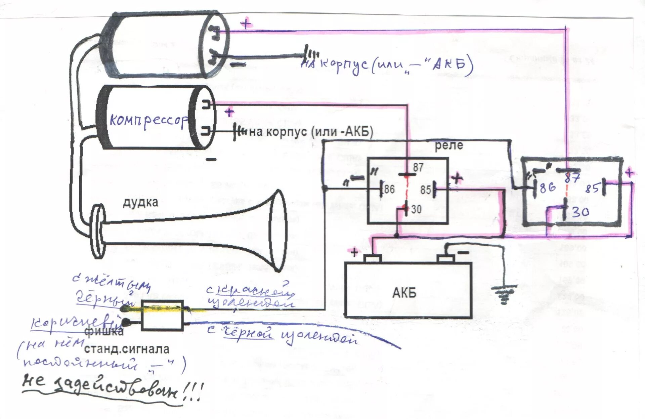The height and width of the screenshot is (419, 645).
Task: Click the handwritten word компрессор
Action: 148,120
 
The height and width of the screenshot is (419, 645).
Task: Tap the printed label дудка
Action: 140,202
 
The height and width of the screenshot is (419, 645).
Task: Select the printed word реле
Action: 449,145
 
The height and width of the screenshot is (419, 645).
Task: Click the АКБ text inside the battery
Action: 404,293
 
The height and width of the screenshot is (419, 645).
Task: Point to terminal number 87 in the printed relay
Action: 418,167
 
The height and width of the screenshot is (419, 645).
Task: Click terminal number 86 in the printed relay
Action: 389,189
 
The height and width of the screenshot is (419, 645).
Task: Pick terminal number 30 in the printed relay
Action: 416,209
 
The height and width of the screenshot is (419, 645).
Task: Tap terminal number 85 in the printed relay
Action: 425,190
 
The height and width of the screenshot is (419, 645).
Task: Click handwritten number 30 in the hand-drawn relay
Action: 580,212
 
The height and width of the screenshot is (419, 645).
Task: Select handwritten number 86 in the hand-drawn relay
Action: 548,187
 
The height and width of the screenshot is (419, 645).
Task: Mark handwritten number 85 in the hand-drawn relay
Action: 592,188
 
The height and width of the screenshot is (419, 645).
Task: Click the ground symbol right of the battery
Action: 504,294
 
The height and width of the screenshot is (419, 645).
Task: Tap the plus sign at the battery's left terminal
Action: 354,252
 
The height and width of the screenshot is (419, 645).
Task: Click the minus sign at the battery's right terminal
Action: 464,252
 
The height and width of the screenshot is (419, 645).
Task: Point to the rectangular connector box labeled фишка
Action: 162,315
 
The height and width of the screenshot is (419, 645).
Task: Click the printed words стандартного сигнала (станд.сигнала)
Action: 127,349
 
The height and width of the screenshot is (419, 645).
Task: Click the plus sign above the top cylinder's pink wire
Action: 246,24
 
